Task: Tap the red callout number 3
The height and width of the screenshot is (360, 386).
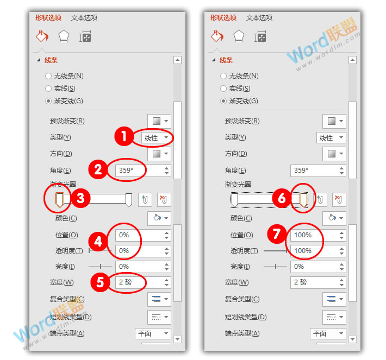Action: point(80,199)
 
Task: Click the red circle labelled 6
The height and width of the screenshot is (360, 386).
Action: point(282,199)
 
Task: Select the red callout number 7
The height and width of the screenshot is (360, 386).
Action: point(276,235)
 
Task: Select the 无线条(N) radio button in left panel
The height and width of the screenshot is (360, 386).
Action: point(49,76)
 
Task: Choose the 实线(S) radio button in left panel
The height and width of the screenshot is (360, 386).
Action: point(49,89)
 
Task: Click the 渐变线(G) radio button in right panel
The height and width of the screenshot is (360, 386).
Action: point(224,101)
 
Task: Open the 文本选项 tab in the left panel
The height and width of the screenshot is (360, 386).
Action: point(84,17)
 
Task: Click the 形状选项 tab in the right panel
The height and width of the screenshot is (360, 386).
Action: point(223,17)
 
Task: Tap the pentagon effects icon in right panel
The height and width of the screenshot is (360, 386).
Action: point(239,36)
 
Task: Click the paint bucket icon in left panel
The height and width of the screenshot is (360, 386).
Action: point(42,36)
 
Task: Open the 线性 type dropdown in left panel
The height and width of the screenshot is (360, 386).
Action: point(156,138)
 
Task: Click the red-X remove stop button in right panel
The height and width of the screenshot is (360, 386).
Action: point(338,199)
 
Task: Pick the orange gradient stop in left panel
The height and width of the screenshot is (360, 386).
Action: point(60,200)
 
